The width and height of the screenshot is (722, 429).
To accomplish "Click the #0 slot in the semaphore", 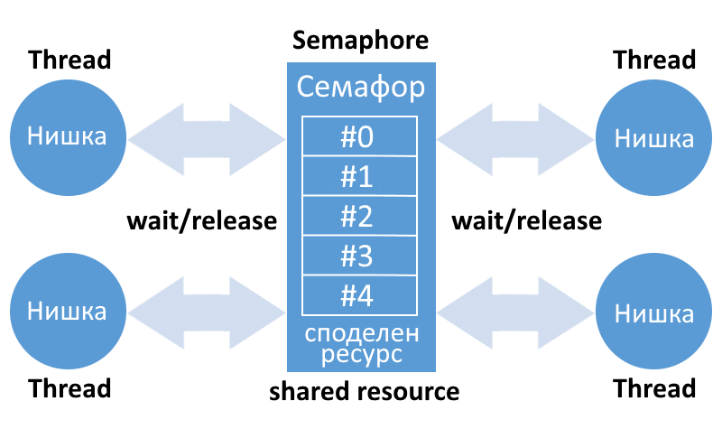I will (x=360, y=137).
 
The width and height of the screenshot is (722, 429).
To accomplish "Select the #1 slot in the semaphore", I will (x=360, y=177).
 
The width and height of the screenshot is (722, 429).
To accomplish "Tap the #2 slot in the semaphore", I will (x=360, y=218).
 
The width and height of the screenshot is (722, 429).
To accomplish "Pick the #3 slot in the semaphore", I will (x=360, y=257).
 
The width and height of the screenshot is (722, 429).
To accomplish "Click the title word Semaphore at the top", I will (x=360, y=41).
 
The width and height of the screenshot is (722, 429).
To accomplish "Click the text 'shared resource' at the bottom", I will (x=365, y=392).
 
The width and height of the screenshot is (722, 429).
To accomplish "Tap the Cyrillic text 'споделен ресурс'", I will (x=361, y=344).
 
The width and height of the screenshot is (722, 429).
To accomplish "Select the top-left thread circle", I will (x=68, y=136).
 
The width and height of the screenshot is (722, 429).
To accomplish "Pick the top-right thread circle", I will (x=653, y=138).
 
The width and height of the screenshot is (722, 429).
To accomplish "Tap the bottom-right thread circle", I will (x=653, y=313).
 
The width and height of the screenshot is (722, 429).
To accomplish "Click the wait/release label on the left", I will (x=201, y=221).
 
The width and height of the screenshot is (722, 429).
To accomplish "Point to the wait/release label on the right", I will (x=526, y=221).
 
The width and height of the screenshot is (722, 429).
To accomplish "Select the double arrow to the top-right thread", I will (x=515, y=137).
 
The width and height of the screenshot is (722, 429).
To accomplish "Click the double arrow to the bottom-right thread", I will (x=515, y=312).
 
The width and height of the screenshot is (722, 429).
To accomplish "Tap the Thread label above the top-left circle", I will (x=70, y=61).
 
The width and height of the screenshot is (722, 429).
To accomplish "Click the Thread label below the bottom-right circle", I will (x=654, y=389).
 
